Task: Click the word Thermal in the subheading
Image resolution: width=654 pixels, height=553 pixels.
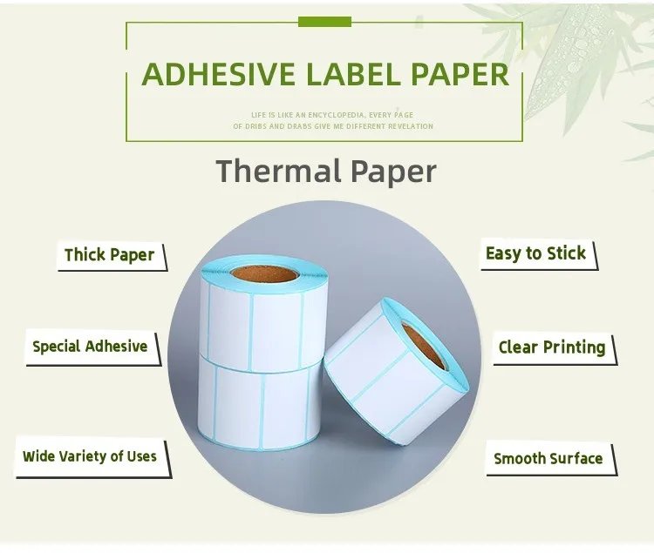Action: (279, 170)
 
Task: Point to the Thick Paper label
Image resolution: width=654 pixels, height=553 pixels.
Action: (109, 255)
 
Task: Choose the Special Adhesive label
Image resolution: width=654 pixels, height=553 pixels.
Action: (90, 347)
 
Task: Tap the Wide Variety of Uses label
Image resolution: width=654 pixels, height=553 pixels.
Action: (90, 456)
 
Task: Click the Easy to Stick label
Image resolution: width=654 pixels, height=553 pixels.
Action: (535, 253)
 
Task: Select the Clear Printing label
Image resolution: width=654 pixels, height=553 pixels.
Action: (551, 347)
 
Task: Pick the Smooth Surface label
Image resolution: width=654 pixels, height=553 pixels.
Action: (548, 458)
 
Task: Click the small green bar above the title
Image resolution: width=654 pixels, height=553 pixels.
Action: (324, 21)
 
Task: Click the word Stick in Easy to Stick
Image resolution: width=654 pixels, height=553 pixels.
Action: (567, 253)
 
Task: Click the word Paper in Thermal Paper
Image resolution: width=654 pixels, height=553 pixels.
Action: (393, 170)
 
